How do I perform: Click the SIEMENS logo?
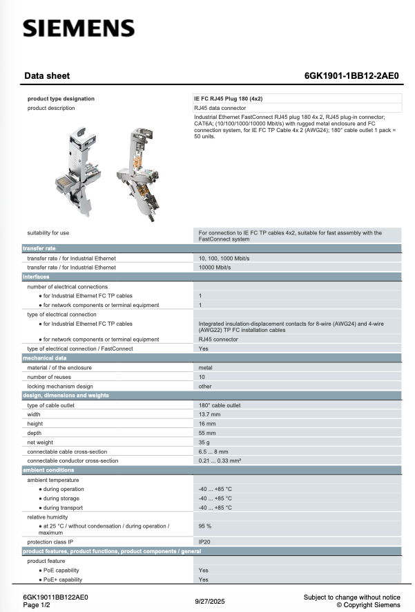pyautogui.click(x=79, y=28)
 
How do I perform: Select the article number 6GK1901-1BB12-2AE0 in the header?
pyautogui.click(x=351, y=76)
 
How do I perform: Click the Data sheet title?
pyautogui.click(x=47, y=76)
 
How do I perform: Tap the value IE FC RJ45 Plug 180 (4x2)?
pyautogui.click(x=228, y=99)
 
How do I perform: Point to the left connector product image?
pyautogui.click(x=77, y=163)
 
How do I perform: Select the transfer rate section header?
pyautogui.click(x=39, y=248)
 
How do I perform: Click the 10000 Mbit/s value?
pyautogui.click(x=215, y=267)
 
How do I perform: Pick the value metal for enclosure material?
pyautogui.click(x=205, y=368)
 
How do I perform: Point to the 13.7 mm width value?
pyautogui.click(x=209, y=414)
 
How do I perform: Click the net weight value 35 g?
pyautogui.click(x=205, y=442)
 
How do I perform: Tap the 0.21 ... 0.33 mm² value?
pyautogui.click(x=220, y=461)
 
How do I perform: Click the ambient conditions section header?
pyautogui.click(x=48, y=470)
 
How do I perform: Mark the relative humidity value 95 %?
pyautogui.click(x=205, y=526)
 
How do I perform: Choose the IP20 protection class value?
pyautogui.click(x=204, y=541)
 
